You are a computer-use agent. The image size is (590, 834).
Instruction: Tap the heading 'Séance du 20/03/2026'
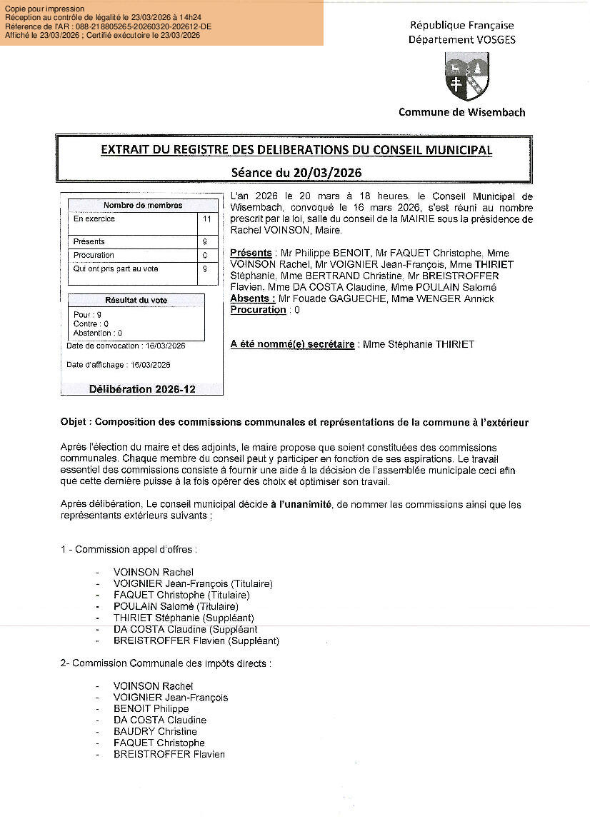coord(296,172)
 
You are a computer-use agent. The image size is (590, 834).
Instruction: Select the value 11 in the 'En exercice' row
coord(207,219)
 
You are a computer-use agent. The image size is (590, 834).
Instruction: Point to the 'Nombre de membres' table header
coord(143,206)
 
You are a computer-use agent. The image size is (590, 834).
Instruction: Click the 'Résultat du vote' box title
coord(136,301)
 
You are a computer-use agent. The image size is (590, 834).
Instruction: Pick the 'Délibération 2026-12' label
coord(142,389)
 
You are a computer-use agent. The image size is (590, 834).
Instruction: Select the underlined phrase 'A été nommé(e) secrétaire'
coord(293,344)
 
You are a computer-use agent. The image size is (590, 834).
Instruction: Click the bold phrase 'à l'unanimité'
coord(301,504)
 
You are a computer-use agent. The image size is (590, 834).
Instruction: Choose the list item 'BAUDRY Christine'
coord(155,731)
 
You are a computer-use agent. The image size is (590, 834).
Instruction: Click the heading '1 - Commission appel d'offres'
coord(129,549)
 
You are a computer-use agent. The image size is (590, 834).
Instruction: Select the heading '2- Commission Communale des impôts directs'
coord(166,663)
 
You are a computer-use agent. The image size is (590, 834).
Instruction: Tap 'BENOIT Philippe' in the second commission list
coord(151,708)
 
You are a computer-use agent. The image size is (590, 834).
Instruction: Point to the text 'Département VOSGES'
coord(461,40)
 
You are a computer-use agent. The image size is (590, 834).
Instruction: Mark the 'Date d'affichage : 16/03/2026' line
coord(119,365)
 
